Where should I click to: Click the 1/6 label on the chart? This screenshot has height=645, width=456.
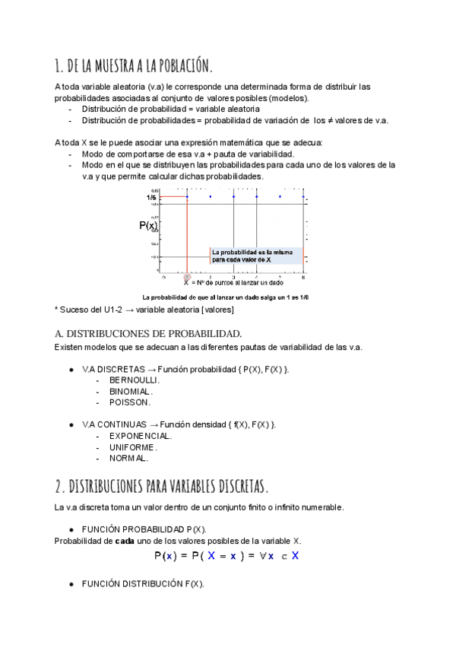[152, 197]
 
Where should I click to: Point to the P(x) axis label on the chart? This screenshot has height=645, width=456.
[148, 225]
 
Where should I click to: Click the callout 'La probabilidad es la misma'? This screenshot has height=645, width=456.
[250, 252]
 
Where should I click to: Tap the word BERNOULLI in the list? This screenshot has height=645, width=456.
[135, 379]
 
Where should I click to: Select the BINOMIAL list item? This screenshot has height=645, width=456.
[131, 391]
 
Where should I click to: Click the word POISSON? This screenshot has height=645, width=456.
[130, 402]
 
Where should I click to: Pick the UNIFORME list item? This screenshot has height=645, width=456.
[133, 447]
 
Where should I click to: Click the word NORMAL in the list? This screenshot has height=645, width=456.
[128, 459]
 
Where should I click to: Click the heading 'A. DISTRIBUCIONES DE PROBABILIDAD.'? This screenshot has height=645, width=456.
[148, 333]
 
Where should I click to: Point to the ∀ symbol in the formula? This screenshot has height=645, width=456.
[262, 556]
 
